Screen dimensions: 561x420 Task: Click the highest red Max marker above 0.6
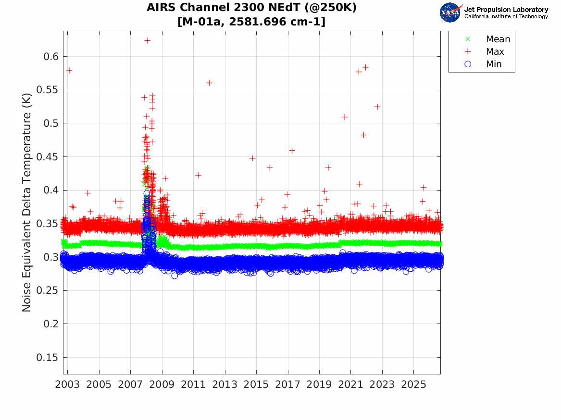click(148, 40)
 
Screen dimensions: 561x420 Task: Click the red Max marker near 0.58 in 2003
click(69, 71)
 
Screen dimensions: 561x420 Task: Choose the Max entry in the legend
click(485, 51)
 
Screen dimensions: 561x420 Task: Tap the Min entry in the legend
click(483, 64)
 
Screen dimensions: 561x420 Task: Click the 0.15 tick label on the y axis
click(47, 358)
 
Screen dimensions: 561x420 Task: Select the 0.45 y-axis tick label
click(47, 157)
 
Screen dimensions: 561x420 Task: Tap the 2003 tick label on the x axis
click(67, 384)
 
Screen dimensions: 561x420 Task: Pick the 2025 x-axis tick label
click(413, 384)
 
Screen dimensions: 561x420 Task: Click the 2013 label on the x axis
click(224, 384)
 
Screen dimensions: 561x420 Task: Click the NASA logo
click(450, 12)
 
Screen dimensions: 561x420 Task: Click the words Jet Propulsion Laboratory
click(506, 10)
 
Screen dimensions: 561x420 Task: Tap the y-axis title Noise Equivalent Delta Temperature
click(27, 203)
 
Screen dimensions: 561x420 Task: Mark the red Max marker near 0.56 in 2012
click(209, 83)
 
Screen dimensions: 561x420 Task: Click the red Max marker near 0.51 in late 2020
click(345, 117)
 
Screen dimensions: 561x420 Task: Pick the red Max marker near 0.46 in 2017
click(292, 151)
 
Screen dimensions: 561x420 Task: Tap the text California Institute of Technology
click(506, 16)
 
